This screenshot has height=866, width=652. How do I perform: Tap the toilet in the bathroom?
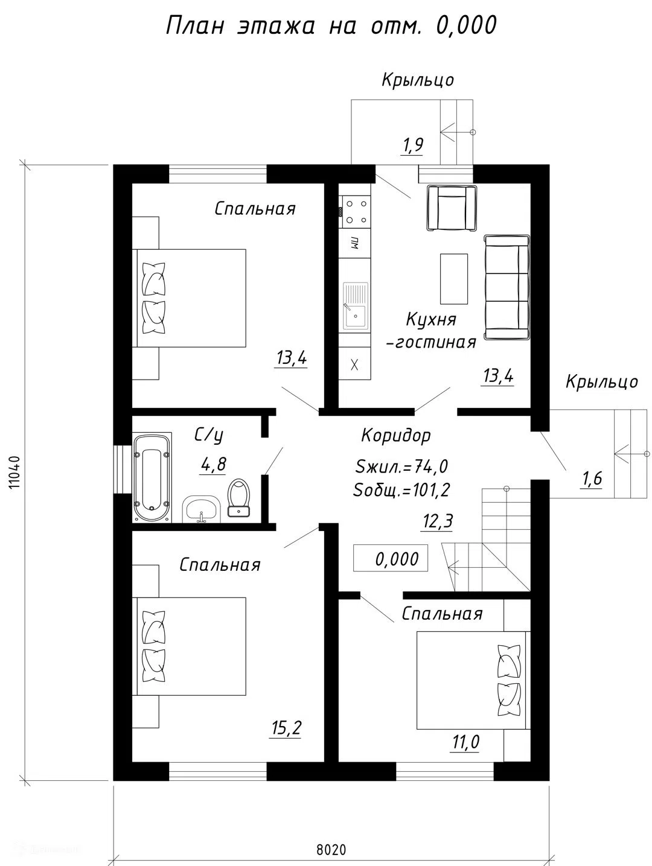coord(239,498)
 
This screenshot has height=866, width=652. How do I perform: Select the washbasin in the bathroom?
coord(201,509)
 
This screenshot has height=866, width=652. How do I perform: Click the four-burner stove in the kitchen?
coord(354,212)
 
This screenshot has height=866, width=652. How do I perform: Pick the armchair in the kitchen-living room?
coord(452,208)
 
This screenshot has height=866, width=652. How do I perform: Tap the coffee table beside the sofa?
coord(454,279)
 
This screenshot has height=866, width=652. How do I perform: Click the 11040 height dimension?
coord(14,473)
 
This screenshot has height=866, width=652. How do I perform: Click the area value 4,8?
coord(214,464)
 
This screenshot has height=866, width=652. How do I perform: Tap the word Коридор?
coord(396,436)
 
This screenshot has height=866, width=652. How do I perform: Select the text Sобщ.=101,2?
coord(401,491)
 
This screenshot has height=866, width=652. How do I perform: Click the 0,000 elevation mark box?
coord(391,558)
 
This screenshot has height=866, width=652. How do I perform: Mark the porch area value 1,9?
coord(412,145)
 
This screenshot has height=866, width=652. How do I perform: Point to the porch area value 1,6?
coord(591,478)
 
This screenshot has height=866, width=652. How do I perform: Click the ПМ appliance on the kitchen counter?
coord(354,243)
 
